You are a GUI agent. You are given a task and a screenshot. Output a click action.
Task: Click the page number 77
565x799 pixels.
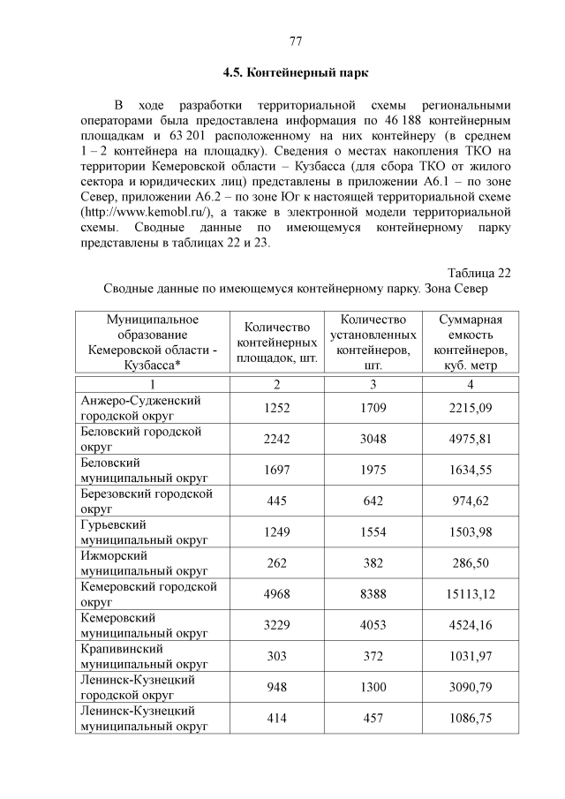click(295, 41)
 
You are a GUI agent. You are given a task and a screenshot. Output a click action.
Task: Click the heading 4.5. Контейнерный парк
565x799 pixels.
click(294, 72)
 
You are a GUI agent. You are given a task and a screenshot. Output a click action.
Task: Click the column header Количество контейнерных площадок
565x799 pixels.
click(278, 343)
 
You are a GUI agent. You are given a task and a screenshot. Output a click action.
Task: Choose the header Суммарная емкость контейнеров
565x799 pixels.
click(471, 343)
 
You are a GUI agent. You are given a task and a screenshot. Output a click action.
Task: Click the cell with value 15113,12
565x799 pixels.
click(471, 594)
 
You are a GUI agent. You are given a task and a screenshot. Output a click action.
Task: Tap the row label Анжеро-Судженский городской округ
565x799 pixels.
click(141, 407)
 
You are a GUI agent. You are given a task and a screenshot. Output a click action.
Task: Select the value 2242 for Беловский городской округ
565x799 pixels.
click(278, 438)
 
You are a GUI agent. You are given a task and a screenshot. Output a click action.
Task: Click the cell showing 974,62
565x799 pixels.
click(471, 501)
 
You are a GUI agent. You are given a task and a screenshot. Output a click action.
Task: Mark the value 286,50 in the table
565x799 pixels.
click(471, 562)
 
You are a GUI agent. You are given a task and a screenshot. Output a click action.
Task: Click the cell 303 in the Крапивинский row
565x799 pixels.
click(278, 656)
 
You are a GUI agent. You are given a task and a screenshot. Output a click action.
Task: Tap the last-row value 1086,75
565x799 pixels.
click(471, 719)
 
